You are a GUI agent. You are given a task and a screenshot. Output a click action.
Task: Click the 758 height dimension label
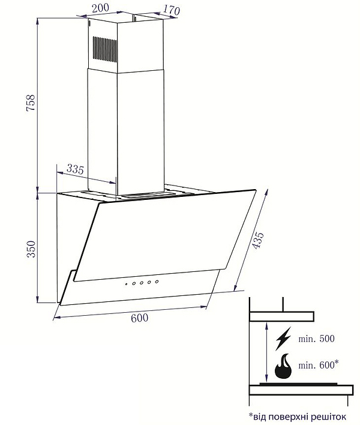click(31, 103)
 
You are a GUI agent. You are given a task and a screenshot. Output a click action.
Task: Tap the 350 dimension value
click(31, 249)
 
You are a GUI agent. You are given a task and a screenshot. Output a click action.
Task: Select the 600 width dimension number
click(140, 318)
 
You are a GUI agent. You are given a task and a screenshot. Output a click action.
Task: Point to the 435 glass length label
click(257, 240)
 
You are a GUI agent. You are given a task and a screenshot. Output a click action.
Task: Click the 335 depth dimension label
click(76, 169)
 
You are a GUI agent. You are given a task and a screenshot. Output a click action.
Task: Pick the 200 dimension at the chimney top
click(100, 8)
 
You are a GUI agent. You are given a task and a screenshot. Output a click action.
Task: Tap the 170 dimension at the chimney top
click(171, 10)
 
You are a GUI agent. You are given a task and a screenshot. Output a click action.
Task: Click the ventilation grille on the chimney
click(105, 50)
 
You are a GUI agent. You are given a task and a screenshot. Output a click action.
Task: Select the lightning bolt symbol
click(283, 339)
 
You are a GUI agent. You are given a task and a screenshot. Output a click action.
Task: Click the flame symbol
click(283, 366)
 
